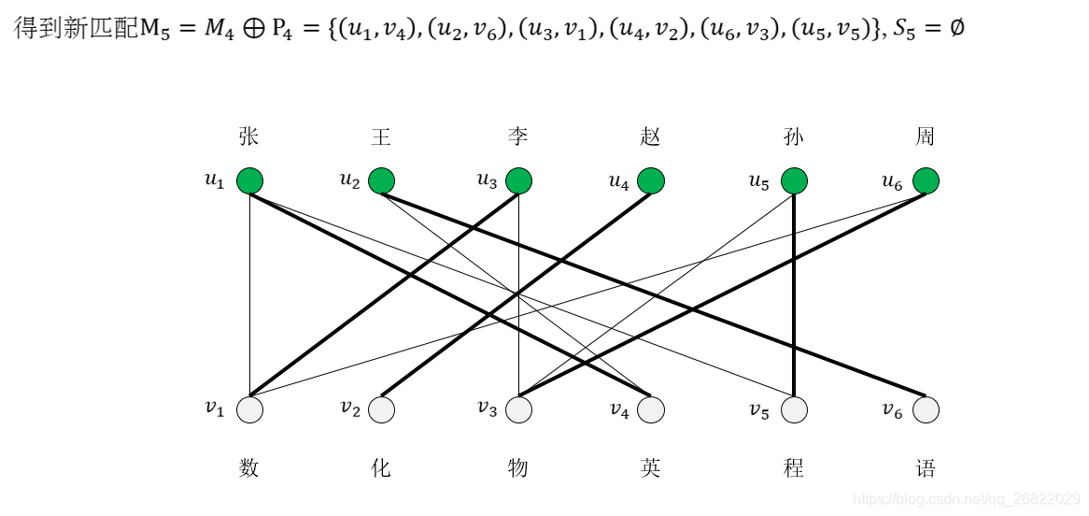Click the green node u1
(249, 180)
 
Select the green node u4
(651, 180)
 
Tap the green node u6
(926, 180)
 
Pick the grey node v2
(381, 409)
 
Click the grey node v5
(793, 409)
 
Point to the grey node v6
(926, 409)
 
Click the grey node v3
(518, 409)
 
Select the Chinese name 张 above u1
(248, 137)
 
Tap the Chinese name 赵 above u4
(651, 137)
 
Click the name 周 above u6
(925, 137)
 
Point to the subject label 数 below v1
(248, 467)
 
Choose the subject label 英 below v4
(651, 467)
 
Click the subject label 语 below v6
(926, 467)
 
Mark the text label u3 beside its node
(487, 180)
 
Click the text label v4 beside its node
(619, 409)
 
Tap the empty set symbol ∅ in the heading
(955, 28)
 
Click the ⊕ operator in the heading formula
(250, 28)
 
